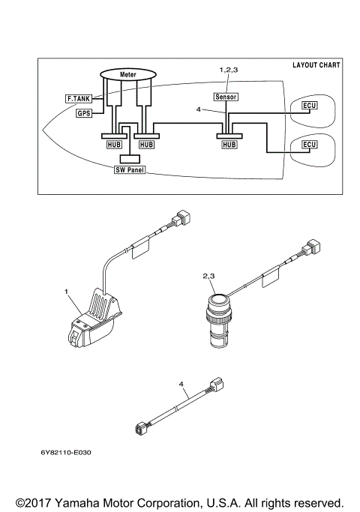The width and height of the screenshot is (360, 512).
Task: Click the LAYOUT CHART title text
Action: pos(316,65)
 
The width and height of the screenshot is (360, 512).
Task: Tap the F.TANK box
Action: pos(78,98)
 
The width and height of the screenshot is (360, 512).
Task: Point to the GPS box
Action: pos(83,113)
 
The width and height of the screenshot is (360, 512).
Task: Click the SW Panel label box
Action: pos(128,170)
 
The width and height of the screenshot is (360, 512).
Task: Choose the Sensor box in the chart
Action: pos(226,97)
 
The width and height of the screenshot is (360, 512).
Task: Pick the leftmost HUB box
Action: pos(111,143)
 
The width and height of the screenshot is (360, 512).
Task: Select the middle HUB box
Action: pos(147,143)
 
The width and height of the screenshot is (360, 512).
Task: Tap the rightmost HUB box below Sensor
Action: pos(229,143)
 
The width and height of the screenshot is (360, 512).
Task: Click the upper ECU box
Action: pos(309,105)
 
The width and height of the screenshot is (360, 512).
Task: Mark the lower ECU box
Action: pos(309,144)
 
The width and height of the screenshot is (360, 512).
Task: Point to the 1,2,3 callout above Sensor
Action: pos(228,69)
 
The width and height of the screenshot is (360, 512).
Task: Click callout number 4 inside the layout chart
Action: pos(198,109)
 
